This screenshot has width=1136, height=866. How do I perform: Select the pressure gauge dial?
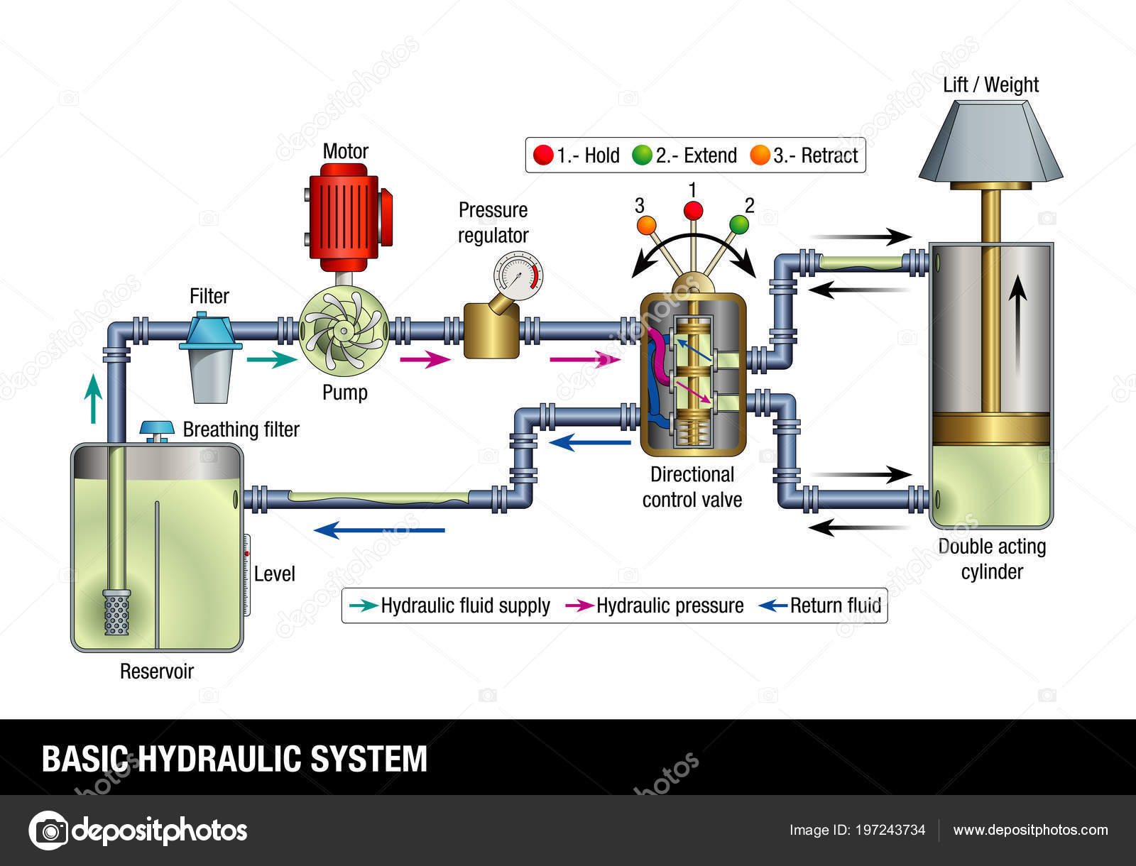518,276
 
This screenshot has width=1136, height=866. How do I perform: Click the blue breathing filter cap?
157,428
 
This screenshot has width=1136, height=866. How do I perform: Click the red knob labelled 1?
693,211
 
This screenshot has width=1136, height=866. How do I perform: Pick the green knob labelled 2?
739,224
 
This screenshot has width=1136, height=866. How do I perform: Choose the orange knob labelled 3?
646,225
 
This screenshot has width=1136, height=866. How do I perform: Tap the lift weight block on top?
990,141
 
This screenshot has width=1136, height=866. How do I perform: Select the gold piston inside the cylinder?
991,429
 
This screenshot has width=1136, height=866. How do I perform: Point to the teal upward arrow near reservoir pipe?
92,399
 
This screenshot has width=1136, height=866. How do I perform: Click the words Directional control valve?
692,487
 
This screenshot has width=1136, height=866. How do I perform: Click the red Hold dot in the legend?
543,155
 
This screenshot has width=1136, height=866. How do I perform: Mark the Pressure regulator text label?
493,222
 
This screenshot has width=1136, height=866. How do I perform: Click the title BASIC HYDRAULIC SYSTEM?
234,759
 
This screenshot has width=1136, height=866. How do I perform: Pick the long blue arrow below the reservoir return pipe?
379,530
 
